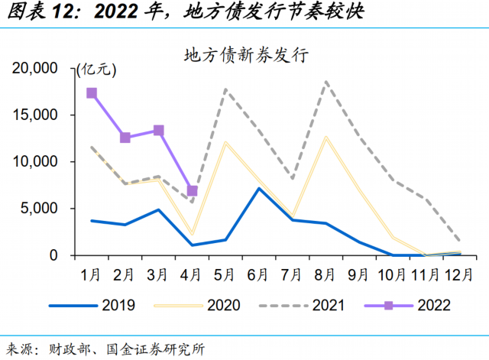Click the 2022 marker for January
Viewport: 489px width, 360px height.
tap(92, 93)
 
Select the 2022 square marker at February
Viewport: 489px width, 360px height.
tap(125, 138)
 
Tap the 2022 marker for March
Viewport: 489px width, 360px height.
tap(159, 131)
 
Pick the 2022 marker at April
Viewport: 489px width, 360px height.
tap(193, 191)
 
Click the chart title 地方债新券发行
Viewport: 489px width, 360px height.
tap(244, 55)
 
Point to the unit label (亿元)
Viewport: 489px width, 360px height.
tap(96, 70)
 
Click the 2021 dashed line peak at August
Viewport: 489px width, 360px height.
tap(326, 81)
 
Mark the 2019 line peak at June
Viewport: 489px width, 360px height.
tap(260, 188)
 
